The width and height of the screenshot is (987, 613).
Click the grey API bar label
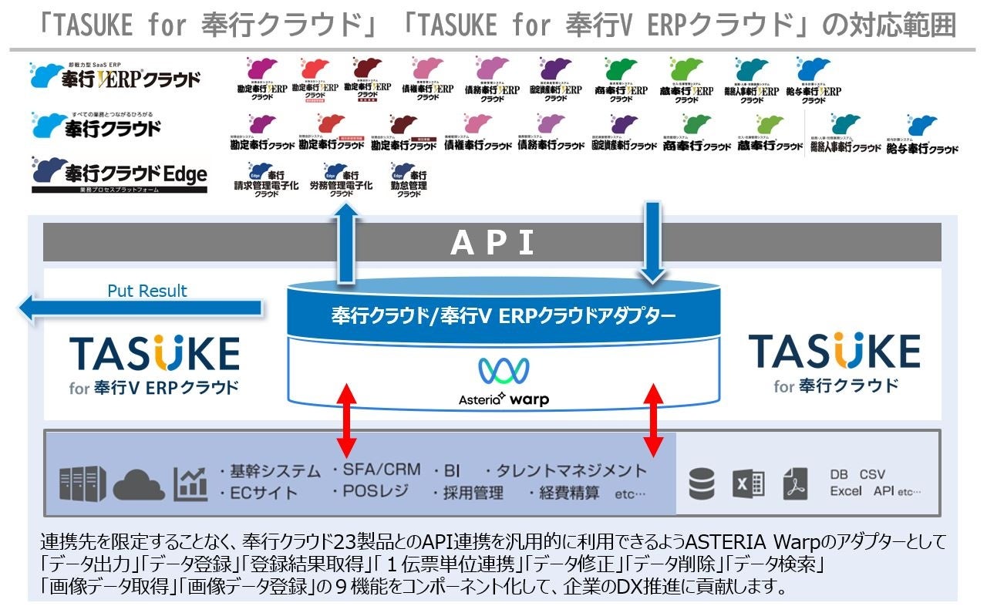492,243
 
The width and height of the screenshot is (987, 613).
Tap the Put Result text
147,291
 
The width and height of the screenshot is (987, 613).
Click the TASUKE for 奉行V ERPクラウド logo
154,364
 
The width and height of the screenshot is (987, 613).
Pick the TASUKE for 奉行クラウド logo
834,362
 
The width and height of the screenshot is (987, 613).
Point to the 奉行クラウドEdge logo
120,174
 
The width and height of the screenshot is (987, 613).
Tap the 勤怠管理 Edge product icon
408,180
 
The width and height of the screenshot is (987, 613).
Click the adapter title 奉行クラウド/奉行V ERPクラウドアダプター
503,315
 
